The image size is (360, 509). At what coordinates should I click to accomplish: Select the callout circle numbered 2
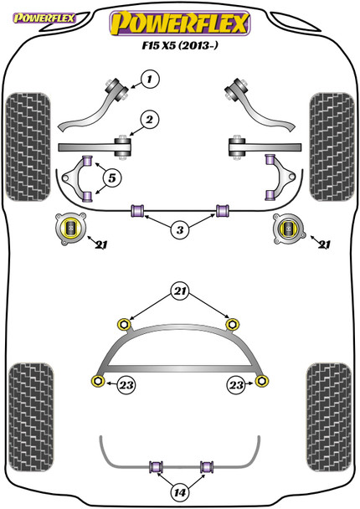[148, 121]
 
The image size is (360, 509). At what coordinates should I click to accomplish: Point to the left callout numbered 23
[126, 384]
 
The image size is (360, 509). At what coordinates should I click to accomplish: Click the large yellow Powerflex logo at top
[180, 22]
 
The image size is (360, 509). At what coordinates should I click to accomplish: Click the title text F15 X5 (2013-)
[180, 49]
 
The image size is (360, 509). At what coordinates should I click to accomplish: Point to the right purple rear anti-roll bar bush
[208, 465]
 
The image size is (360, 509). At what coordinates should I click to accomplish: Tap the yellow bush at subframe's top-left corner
[126, 323]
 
